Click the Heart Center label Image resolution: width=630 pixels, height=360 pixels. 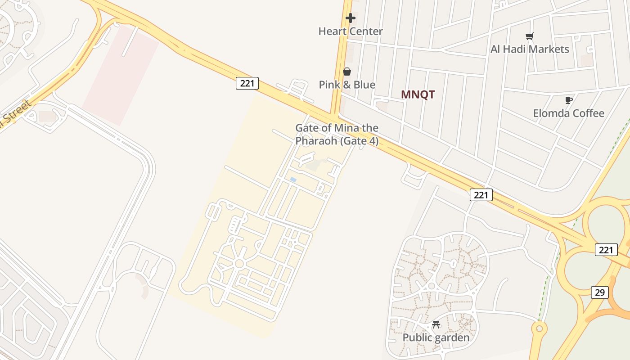pos(350,31)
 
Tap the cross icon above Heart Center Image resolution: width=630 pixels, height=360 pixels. pos(350,18)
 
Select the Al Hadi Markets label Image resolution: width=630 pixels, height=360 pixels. pos(530,49)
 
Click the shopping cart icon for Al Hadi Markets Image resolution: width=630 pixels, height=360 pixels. pos(530,36)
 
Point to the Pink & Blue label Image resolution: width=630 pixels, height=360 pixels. pos(347,85)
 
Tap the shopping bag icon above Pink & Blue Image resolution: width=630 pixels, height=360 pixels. pos(347,72)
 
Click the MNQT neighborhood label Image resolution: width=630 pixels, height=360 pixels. pos(418,94)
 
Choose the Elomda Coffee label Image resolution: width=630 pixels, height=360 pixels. pos(568,113)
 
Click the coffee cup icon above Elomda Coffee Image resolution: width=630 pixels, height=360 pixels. pos(568,100)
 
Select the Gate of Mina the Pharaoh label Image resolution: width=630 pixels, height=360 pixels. pos(337,134)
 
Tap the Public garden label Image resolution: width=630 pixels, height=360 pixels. pos(436,337)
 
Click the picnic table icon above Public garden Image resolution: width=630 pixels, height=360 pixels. pos(436,324)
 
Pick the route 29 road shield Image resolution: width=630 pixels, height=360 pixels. pos(599,292)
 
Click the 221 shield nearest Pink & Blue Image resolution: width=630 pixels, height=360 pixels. pos(247,83)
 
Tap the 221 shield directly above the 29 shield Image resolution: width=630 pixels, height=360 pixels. pos(606,250)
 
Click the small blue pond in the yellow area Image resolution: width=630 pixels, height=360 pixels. pos(293,180)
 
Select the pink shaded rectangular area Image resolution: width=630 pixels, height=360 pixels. pos(121,74)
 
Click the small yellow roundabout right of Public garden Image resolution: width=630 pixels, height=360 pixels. pos(539,329)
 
